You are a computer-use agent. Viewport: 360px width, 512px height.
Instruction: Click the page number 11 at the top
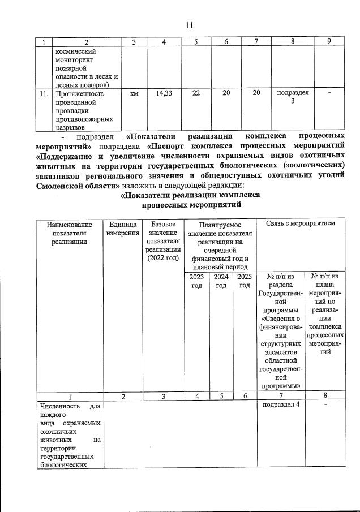(x=190, y=24)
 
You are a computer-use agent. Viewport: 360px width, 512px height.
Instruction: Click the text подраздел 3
(x=293, y=97)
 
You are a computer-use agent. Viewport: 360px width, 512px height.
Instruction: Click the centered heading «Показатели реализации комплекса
(x=191, y=195)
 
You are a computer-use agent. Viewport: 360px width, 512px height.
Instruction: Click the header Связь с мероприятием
(x=301, y=224)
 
